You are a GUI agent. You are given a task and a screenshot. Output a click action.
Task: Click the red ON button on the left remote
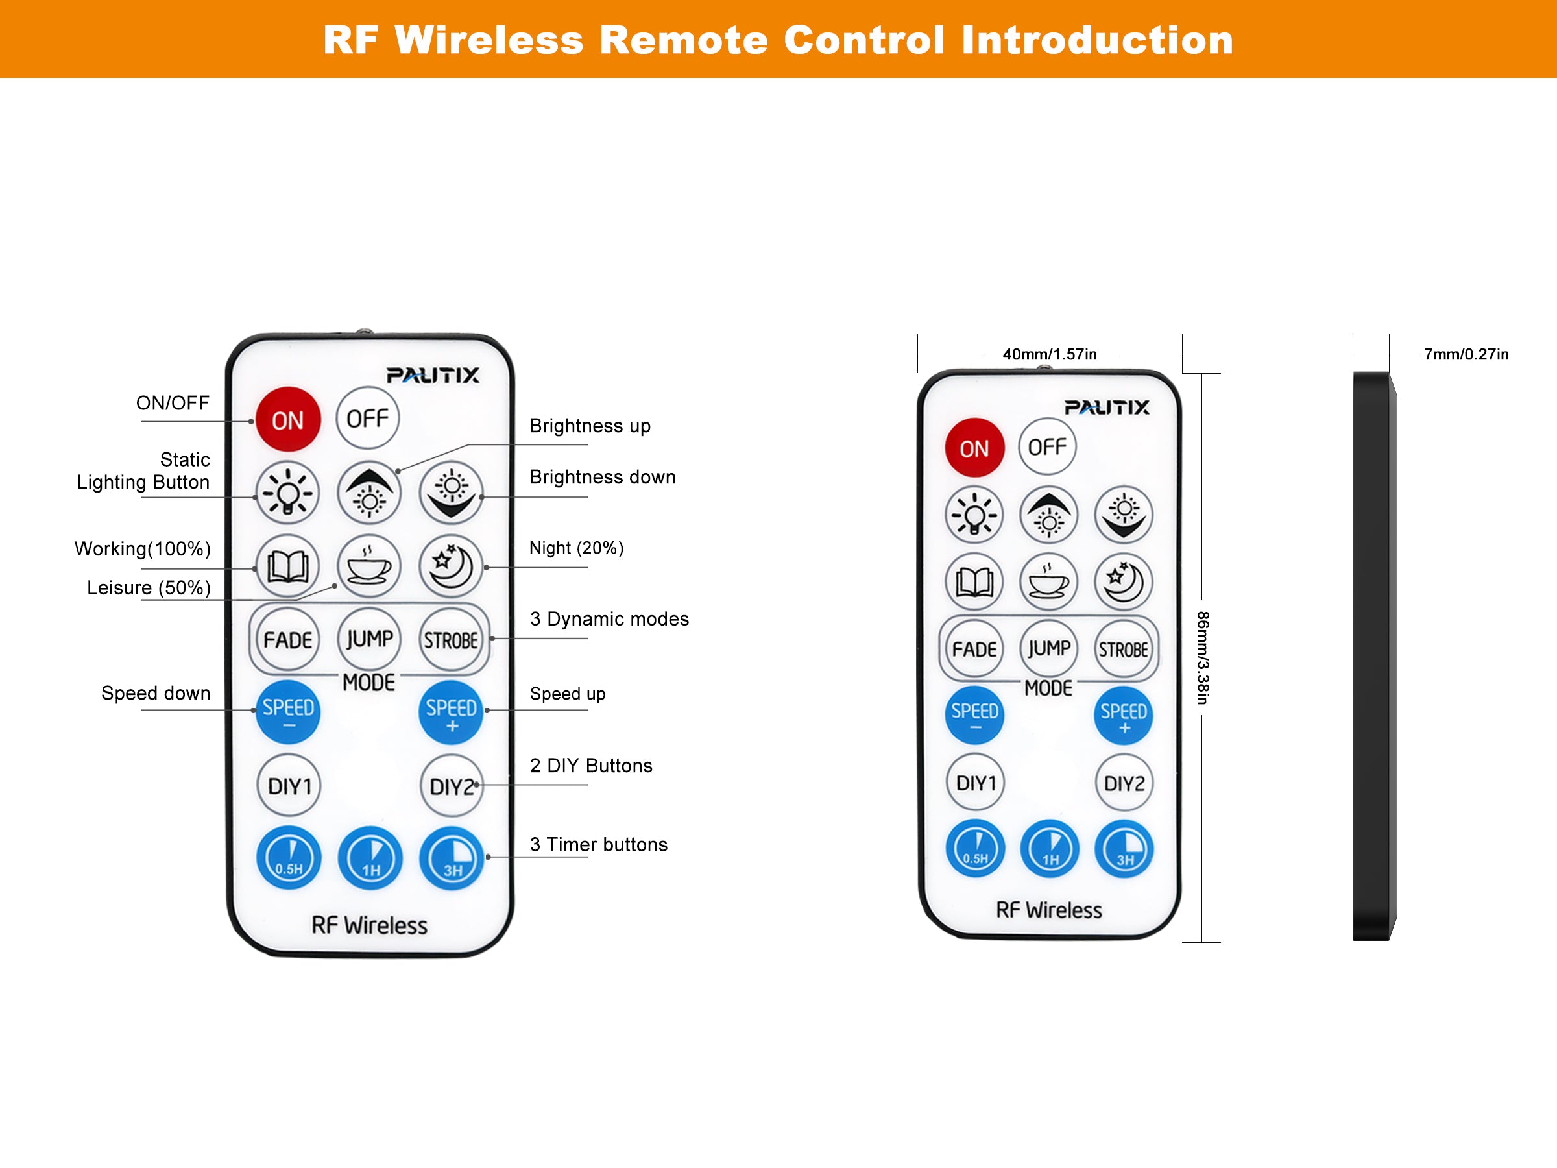(288, 420)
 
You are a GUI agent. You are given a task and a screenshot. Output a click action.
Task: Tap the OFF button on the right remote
(1046, 446)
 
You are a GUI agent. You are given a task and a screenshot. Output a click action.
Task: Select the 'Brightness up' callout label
(590, 426)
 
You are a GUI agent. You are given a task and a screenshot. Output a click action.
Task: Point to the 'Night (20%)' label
(577, 548)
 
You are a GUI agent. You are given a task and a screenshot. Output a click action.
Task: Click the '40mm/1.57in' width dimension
(1050, 354)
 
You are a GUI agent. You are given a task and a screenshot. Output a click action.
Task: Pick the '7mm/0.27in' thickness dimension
(1466, 354)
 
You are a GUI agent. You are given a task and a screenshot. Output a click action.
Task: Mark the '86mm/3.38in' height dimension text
(1203, 657)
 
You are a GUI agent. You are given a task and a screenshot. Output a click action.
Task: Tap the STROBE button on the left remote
(450, 640)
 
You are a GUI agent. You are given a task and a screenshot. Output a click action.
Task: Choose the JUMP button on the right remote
(1049, 648)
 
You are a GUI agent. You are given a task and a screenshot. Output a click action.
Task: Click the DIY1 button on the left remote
(289, 786)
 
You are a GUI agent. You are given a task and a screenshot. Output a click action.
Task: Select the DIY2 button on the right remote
(1124, 783)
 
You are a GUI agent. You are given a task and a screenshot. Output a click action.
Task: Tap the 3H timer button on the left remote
(452, 858)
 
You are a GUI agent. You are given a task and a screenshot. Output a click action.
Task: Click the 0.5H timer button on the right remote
(975, 848)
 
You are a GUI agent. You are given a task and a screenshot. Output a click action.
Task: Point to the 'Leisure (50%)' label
(149, 588)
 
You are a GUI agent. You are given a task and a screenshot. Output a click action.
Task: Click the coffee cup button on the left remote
(369, 566)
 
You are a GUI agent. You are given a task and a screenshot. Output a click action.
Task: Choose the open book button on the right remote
(974, 581)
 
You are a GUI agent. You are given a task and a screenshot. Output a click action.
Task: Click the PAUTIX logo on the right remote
(1106, 408)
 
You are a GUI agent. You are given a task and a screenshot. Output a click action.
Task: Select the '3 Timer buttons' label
(598, 844)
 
